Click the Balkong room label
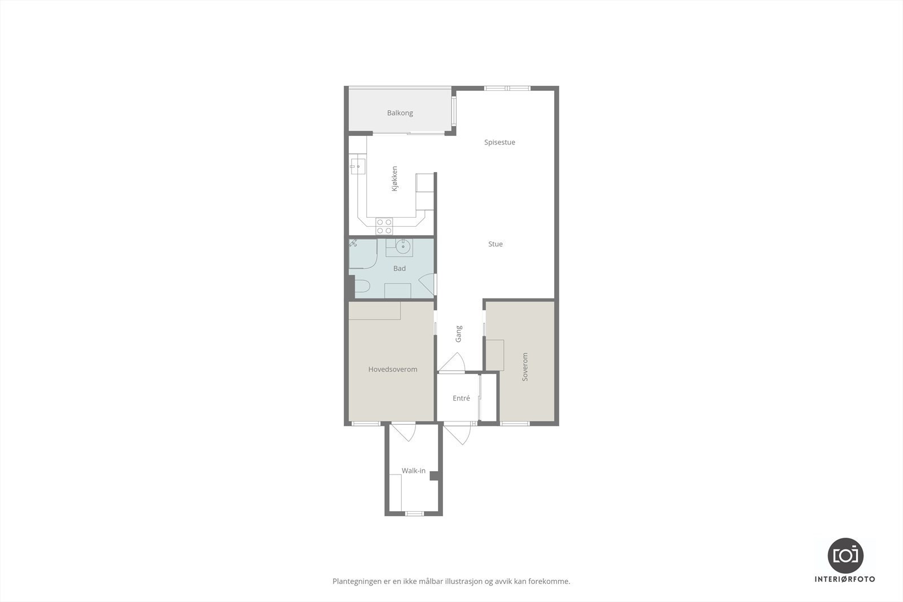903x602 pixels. click(x=400, y=113)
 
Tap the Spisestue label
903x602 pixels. click(x=499, y=142)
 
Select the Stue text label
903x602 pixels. click(x=496, y=244)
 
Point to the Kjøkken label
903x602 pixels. click(x=394, y=179)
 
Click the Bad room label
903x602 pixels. click(x=400, y=269)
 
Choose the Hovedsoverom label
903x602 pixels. click(x=393, y=370)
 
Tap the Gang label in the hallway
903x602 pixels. click(x=458, y=333)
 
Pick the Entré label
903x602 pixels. click(x=461, y=398)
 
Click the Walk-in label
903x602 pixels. click(x=414, y=471)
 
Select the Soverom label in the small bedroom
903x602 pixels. click(x=525, y=367)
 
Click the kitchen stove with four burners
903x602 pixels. click(x=384, y=226)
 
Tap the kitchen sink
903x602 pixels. click(x=357, y=166)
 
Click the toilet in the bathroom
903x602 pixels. click(x=361, y=287)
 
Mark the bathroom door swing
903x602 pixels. click(x=427, y=285)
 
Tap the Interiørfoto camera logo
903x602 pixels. click(x=845, y=555)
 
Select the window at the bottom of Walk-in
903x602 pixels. click(x=414, y=513)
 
